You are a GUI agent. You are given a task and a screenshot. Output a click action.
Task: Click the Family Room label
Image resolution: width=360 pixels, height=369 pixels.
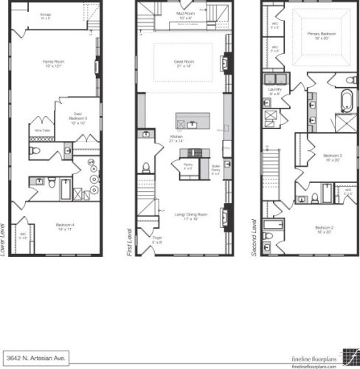51,63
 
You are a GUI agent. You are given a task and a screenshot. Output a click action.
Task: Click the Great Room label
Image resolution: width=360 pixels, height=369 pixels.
183,64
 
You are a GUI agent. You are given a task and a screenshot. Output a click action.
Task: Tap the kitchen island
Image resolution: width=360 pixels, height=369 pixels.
191,120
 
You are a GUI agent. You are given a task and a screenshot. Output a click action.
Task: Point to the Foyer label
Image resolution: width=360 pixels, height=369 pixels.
157,241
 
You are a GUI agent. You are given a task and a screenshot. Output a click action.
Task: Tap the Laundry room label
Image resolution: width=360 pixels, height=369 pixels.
275,92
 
